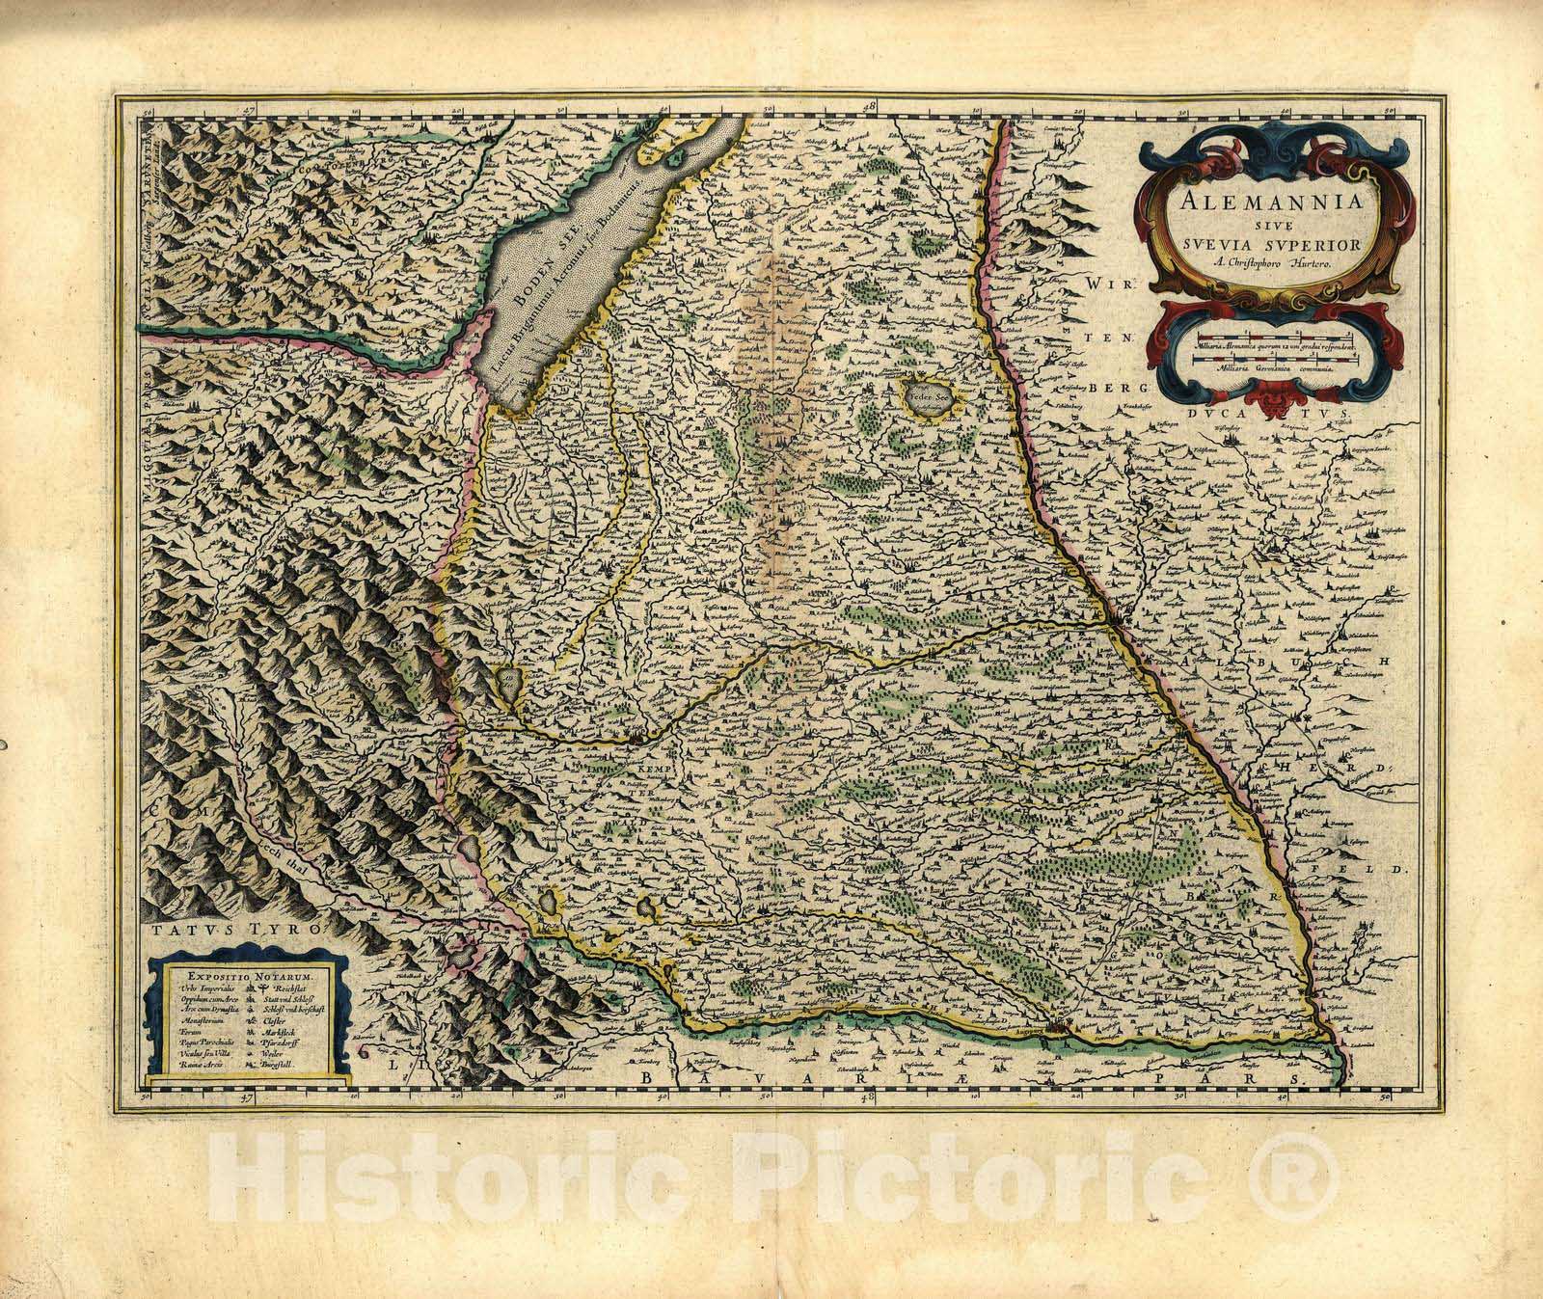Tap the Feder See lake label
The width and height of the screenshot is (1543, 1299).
click(929, 393)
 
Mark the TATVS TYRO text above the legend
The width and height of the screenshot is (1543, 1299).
click(239, 929)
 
